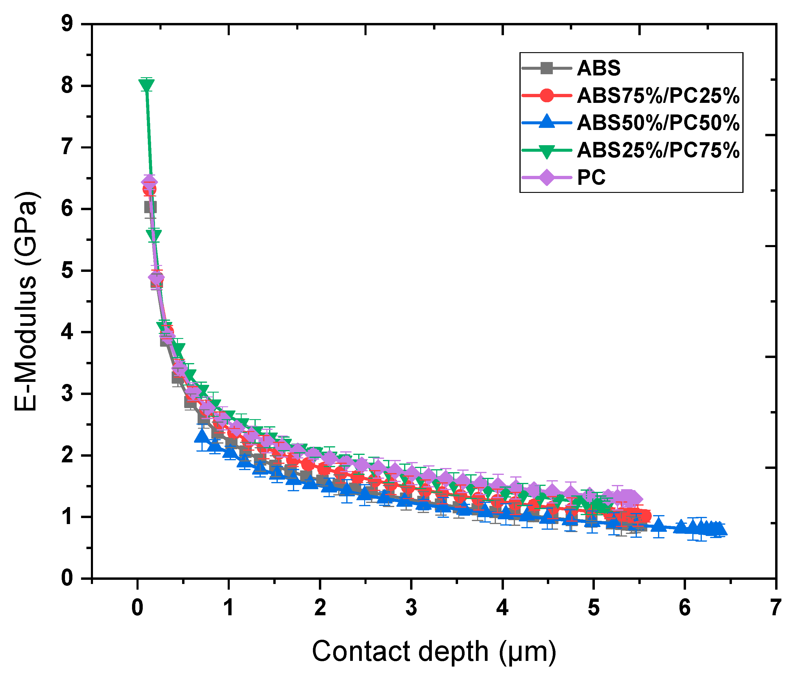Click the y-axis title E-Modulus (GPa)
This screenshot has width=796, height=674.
tap(26, 301)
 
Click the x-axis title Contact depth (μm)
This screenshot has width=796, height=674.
tap(434, 651)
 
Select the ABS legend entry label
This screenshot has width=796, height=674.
tap(598, 68)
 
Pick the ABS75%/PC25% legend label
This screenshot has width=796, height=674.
tap(658, 95)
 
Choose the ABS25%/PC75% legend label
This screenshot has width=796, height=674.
tap(658, 150)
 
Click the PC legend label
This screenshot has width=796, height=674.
tap(591, 178)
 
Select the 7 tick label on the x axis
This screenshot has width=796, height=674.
tap(775, 608)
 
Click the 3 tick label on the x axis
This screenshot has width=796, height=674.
tap(411, 608)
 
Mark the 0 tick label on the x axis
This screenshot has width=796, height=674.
tap(137, 608)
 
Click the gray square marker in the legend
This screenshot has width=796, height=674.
tap(547, 68)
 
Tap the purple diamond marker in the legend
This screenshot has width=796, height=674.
tap(547, 178)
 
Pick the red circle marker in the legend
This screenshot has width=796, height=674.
tap(547, 95)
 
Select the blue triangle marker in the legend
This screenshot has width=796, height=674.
tap(547, 122)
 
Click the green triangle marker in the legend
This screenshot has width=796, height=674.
tap(547, 151)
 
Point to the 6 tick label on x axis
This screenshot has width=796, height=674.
tap(685, 608)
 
